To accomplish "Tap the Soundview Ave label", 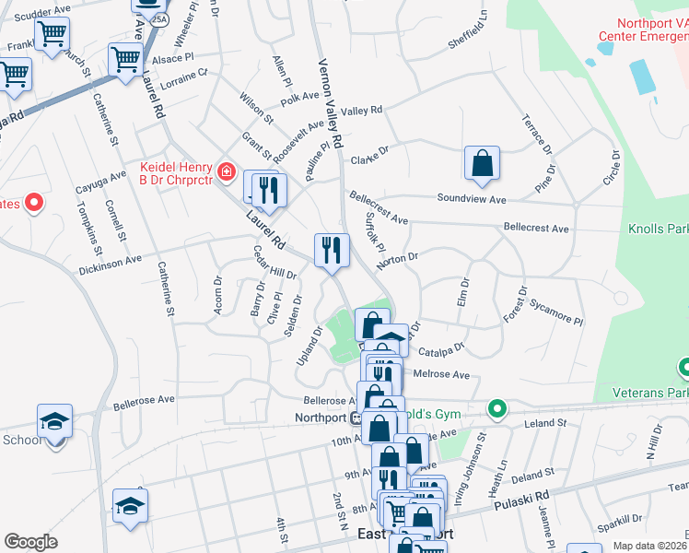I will pos(472,199).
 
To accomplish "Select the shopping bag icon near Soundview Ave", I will pos(482,164).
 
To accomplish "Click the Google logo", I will pos(30,542).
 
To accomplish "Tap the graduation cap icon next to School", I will pos(54,421).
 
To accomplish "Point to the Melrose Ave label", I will pos(442,375).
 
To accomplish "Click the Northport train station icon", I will pos(355,417).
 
